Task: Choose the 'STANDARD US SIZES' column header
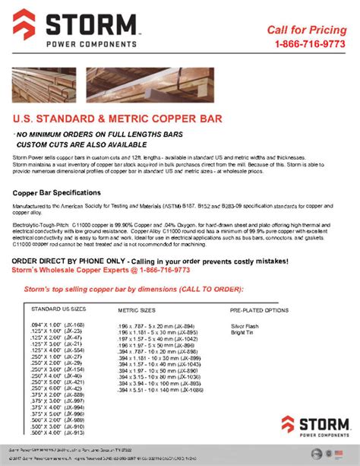click(x=58, y=310)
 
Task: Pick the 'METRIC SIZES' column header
click(x=137, y=311)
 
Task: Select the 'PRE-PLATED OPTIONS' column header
click(x=259, y=311)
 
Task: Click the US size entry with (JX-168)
click(x=58, y=325)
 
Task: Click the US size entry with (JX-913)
click(x=58, y=433)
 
